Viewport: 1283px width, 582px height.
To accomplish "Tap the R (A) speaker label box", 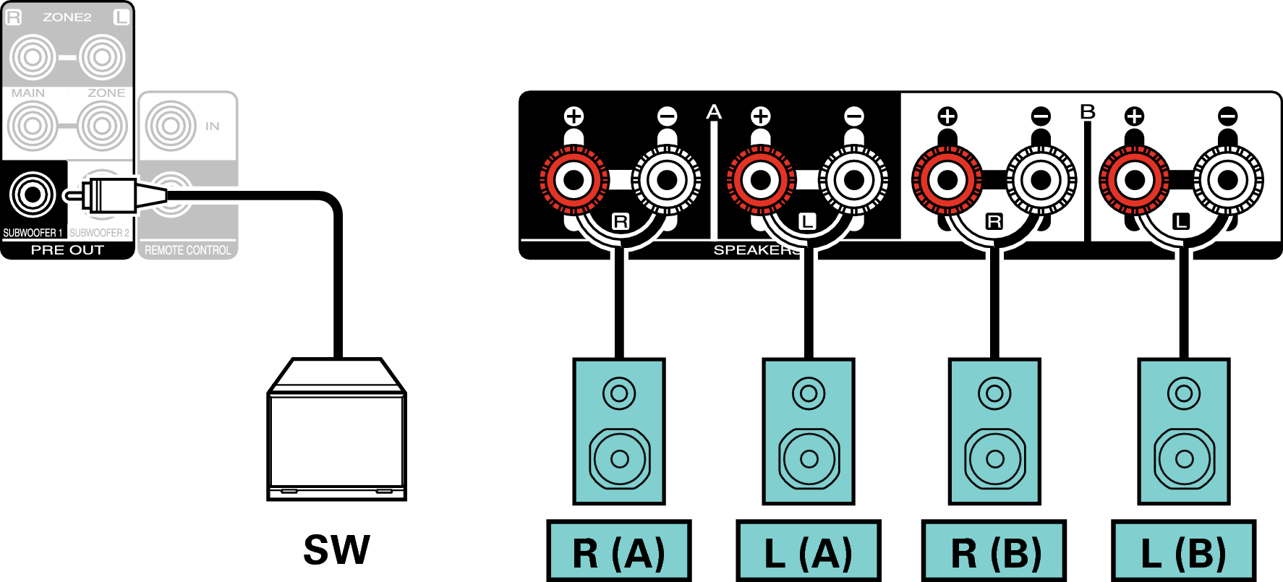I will [618, 552].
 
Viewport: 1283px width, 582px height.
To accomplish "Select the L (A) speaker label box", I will [808, 552].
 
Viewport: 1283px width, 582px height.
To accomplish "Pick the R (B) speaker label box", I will [994, 552].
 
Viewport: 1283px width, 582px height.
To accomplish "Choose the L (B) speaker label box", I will [1183, 552].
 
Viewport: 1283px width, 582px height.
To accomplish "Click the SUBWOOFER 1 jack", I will [33, 194].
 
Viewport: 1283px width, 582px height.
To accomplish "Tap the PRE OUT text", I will [67, 250].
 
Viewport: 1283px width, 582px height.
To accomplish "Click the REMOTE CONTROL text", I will [187, 250].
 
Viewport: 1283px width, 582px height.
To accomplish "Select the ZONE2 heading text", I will [67, 17].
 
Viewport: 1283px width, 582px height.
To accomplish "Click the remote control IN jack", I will [171, 126].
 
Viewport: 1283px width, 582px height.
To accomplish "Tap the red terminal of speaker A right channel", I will [574, 180].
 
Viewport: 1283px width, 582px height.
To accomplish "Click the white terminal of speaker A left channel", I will [854, 180].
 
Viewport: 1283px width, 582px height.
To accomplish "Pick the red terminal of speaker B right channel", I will [947, 180].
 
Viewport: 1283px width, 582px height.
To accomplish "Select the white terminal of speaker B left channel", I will [1228, 180].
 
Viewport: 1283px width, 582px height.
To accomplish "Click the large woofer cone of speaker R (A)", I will [619, 458].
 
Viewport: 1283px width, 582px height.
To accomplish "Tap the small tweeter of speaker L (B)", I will [1184, 394].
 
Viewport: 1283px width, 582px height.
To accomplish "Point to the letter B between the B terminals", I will [1088, 112].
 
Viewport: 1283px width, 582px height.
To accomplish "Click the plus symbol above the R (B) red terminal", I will [947, 116].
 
